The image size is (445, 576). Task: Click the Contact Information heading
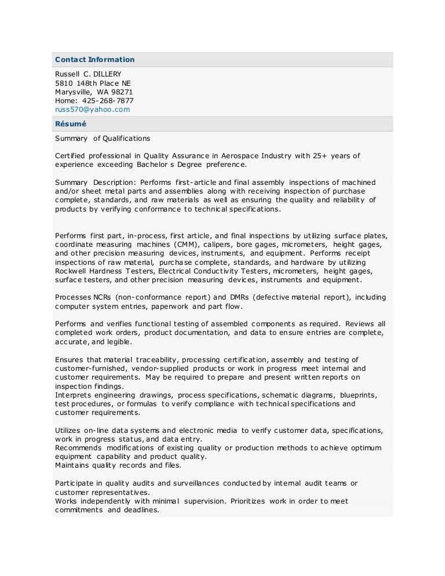pos(94,60)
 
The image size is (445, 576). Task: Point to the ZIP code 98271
pos(122,92)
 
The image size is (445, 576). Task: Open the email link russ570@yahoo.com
pos(92,109)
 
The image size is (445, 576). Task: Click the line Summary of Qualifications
pos(102,138)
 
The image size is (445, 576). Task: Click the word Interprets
pos(73,395)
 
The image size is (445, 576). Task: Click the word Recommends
pos(79,448)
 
